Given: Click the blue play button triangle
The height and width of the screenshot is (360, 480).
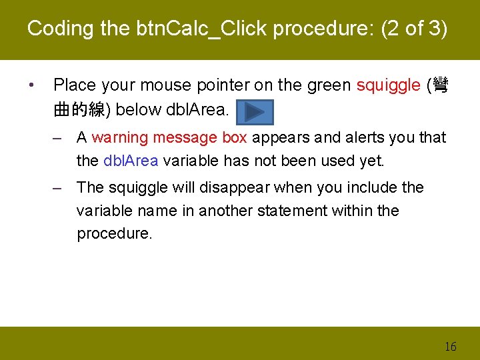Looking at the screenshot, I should [x=255, y=111].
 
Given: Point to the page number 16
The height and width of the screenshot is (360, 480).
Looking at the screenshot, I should [x=450, y=346].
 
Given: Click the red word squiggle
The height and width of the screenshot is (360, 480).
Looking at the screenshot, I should [x=388, y=85].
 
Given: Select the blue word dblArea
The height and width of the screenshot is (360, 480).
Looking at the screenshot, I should [x=131, y=161].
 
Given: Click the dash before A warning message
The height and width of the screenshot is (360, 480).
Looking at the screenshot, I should [x=59, y=138].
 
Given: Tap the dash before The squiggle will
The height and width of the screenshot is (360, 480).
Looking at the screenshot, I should [x=59, y=188].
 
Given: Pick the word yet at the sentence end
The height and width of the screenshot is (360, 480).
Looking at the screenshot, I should [x=371, y=161].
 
